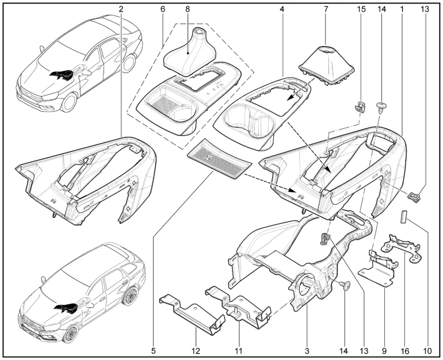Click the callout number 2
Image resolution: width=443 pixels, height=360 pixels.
click(121, 9)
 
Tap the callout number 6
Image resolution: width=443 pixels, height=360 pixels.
click(163, 9)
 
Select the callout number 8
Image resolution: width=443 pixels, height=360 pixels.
click(188, 9)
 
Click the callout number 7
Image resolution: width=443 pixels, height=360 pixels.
click(325, 9)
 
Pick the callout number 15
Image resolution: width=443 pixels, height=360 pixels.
click(361, 9)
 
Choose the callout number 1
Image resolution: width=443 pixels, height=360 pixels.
click(401, 9)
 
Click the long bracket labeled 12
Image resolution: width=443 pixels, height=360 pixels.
click(190, 313)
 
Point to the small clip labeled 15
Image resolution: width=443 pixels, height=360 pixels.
click(361, 105)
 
